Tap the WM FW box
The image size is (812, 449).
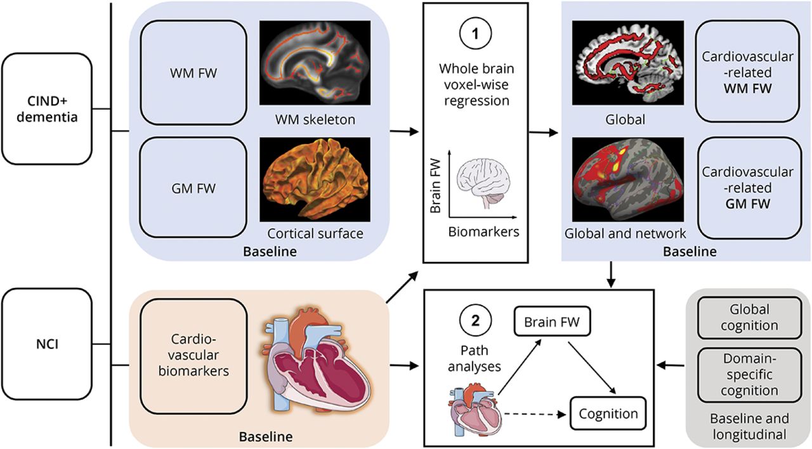coord(193,73)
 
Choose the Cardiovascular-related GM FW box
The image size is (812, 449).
coord(747,188)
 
